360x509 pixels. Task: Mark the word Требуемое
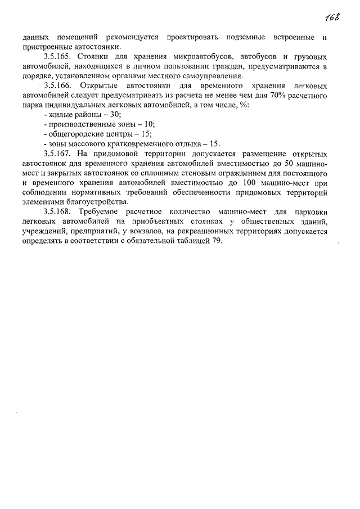click(x=98, y=211)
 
